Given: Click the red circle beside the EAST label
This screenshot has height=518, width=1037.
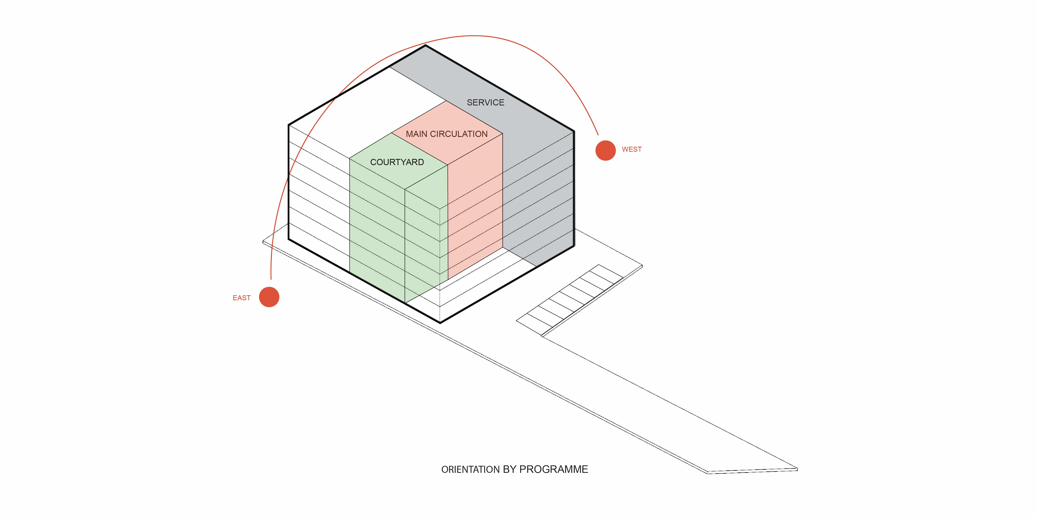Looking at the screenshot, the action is tap(269, 297).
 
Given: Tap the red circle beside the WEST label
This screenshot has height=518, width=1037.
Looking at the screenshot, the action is tap(605, 150).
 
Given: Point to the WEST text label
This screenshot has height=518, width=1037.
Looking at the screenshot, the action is tap(632, 149).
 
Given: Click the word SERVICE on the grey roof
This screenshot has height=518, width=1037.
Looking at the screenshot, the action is tap(486, 103).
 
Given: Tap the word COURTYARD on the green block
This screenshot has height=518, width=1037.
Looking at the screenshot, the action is tap(397, 162).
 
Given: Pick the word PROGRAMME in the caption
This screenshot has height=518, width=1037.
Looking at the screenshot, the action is tap(554, 469).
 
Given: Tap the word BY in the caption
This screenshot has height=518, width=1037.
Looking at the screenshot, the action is tap(510, 469).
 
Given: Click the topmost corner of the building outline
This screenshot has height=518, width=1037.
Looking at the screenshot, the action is tap(426, 45).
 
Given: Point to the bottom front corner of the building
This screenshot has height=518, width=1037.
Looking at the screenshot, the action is tap(440, 323).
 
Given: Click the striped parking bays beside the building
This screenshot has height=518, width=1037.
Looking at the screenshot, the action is tap(570, 300).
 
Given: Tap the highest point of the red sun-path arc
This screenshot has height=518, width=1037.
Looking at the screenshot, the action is tap(474, 36).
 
